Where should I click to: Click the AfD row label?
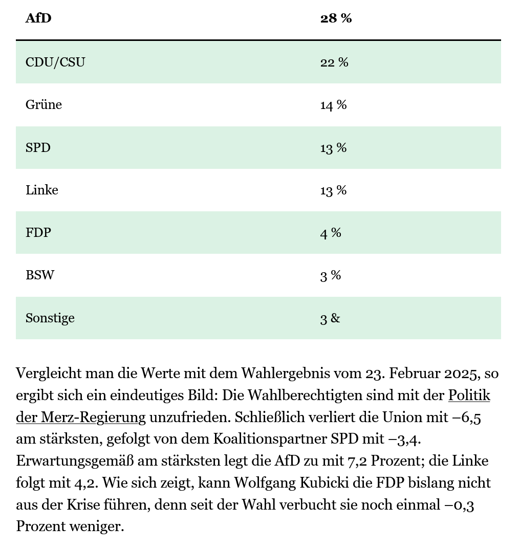click(x=38, y=18)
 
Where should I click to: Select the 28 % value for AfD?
click(x=336, y=18)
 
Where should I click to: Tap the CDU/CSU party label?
click(x=55, y=62)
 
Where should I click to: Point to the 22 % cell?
click(x=334, y=62)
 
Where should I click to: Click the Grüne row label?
click(x=44, y=104)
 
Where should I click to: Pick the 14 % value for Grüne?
click(x=333, y=105)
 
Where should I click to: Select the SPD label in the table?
click(x=38, y=147)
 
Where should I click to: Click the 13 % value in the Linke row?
click(x=333, y=190)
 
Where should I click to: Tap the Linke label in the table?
click(x=42, y=190)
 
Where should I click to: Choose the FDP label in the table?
click(x=38, y=232)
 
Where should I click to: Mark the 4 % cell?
click(x=331, y=233)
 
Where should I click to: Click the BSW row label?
click(x=40, y=275)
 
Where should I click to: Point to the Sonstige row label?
click(x=50, y=318)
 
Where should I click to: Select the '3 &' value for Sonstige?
click(x=330, y=318)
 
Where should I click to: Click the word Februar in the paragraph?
click(x=415, y=373)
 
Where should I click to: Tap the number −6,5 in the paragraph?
click(x=467, y=418)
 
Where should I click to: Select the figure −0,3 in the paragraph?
click(x=460, y=505)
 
